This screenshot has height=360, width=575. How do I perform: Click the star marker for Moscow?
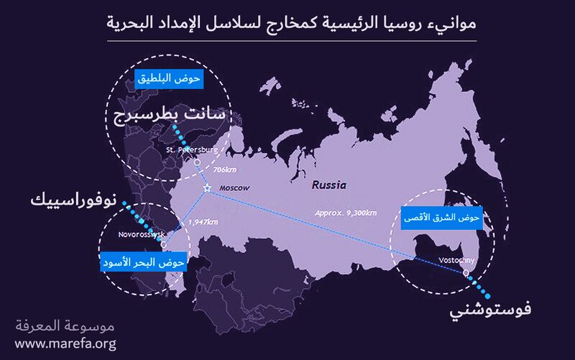207,188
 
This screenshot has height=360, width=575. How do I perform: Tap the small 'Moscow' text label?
234,188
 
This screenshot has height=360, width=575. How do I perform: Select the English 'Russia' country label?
328,185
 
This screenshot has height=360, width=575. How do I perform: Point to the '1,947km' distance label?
202,222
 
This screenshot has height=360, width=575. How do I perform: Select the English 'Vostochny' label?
456,261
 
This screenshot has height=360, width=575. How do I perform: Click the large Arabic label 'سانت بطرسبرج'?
168,116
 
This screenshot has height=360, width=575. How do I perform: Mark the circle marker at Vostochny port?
466,273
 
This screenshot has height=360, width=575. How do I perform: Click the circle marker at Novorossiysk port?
164,244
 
